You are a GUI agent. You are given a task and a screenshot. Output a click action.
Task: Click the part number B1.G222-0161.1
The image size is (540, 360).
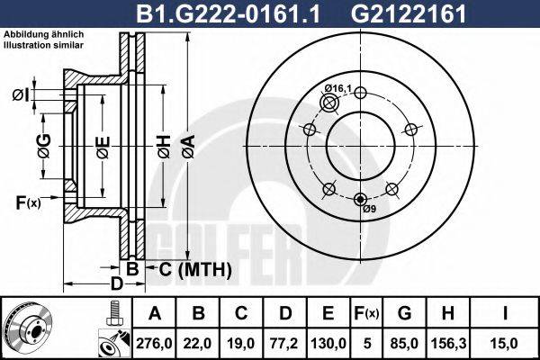point(228,13)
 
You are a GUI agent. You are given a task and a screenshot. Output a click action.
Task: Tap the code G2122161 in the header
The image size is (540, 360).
point(408,13)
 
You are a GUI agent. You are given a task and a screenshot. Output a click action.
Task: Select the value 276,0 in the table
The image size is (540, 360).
point(154,344)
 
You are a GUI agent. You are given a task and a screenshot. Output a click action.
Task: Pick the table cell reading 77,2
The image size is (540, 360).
point(284,344)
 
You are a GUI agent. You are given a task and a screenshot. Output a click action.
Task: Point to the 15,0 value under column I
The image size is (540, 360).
point(505,344)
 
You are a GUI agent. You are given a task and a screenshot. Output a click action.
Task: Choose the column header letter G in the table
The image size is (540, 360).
point(405,313)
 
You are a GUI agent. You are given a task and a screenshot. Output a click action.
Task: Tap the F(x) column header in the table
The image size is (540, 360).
point(367,313)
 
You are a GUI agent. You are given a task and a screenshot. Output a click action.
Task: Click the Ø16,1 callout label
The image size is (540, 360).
point(337,88)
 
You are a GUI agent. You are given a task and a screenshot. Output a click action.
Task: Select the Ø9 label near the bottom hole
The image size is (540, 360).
point(370,209)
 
